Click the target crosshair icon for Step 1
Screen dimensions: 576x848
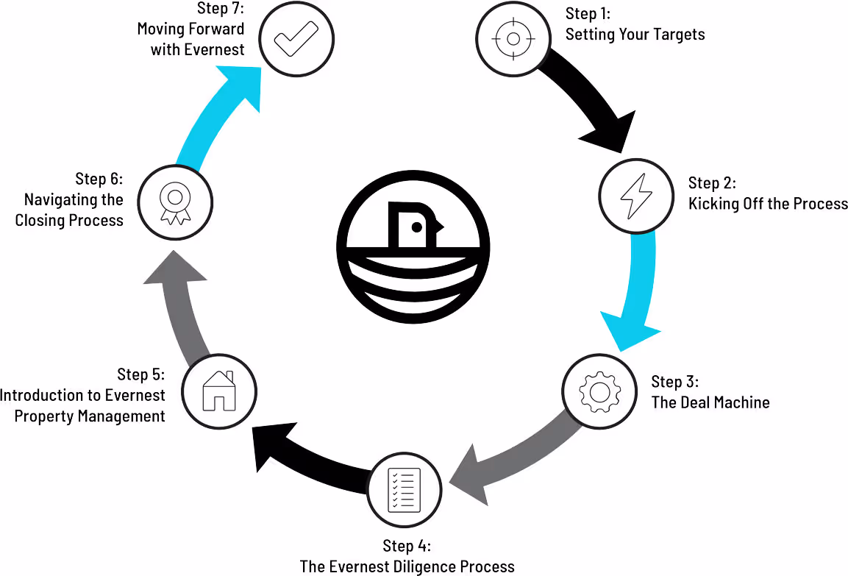point(513,38)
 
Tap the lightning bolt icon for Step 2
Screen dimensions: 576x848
point(636,197)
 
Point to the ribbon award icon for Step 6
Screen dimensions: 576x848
point(174,201)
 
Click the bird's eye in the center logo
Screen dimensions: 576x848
point(416,228)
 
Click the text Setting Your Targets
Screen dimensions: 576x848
point(635,34)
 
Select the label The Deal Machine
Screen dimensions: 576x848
point(710,402)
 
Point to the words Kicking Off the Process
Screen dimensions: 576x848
point(768,204)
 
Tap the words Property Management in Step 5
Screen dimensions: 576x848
point(90,416)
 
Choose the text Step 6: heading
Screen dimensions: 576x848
point(99,179)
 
